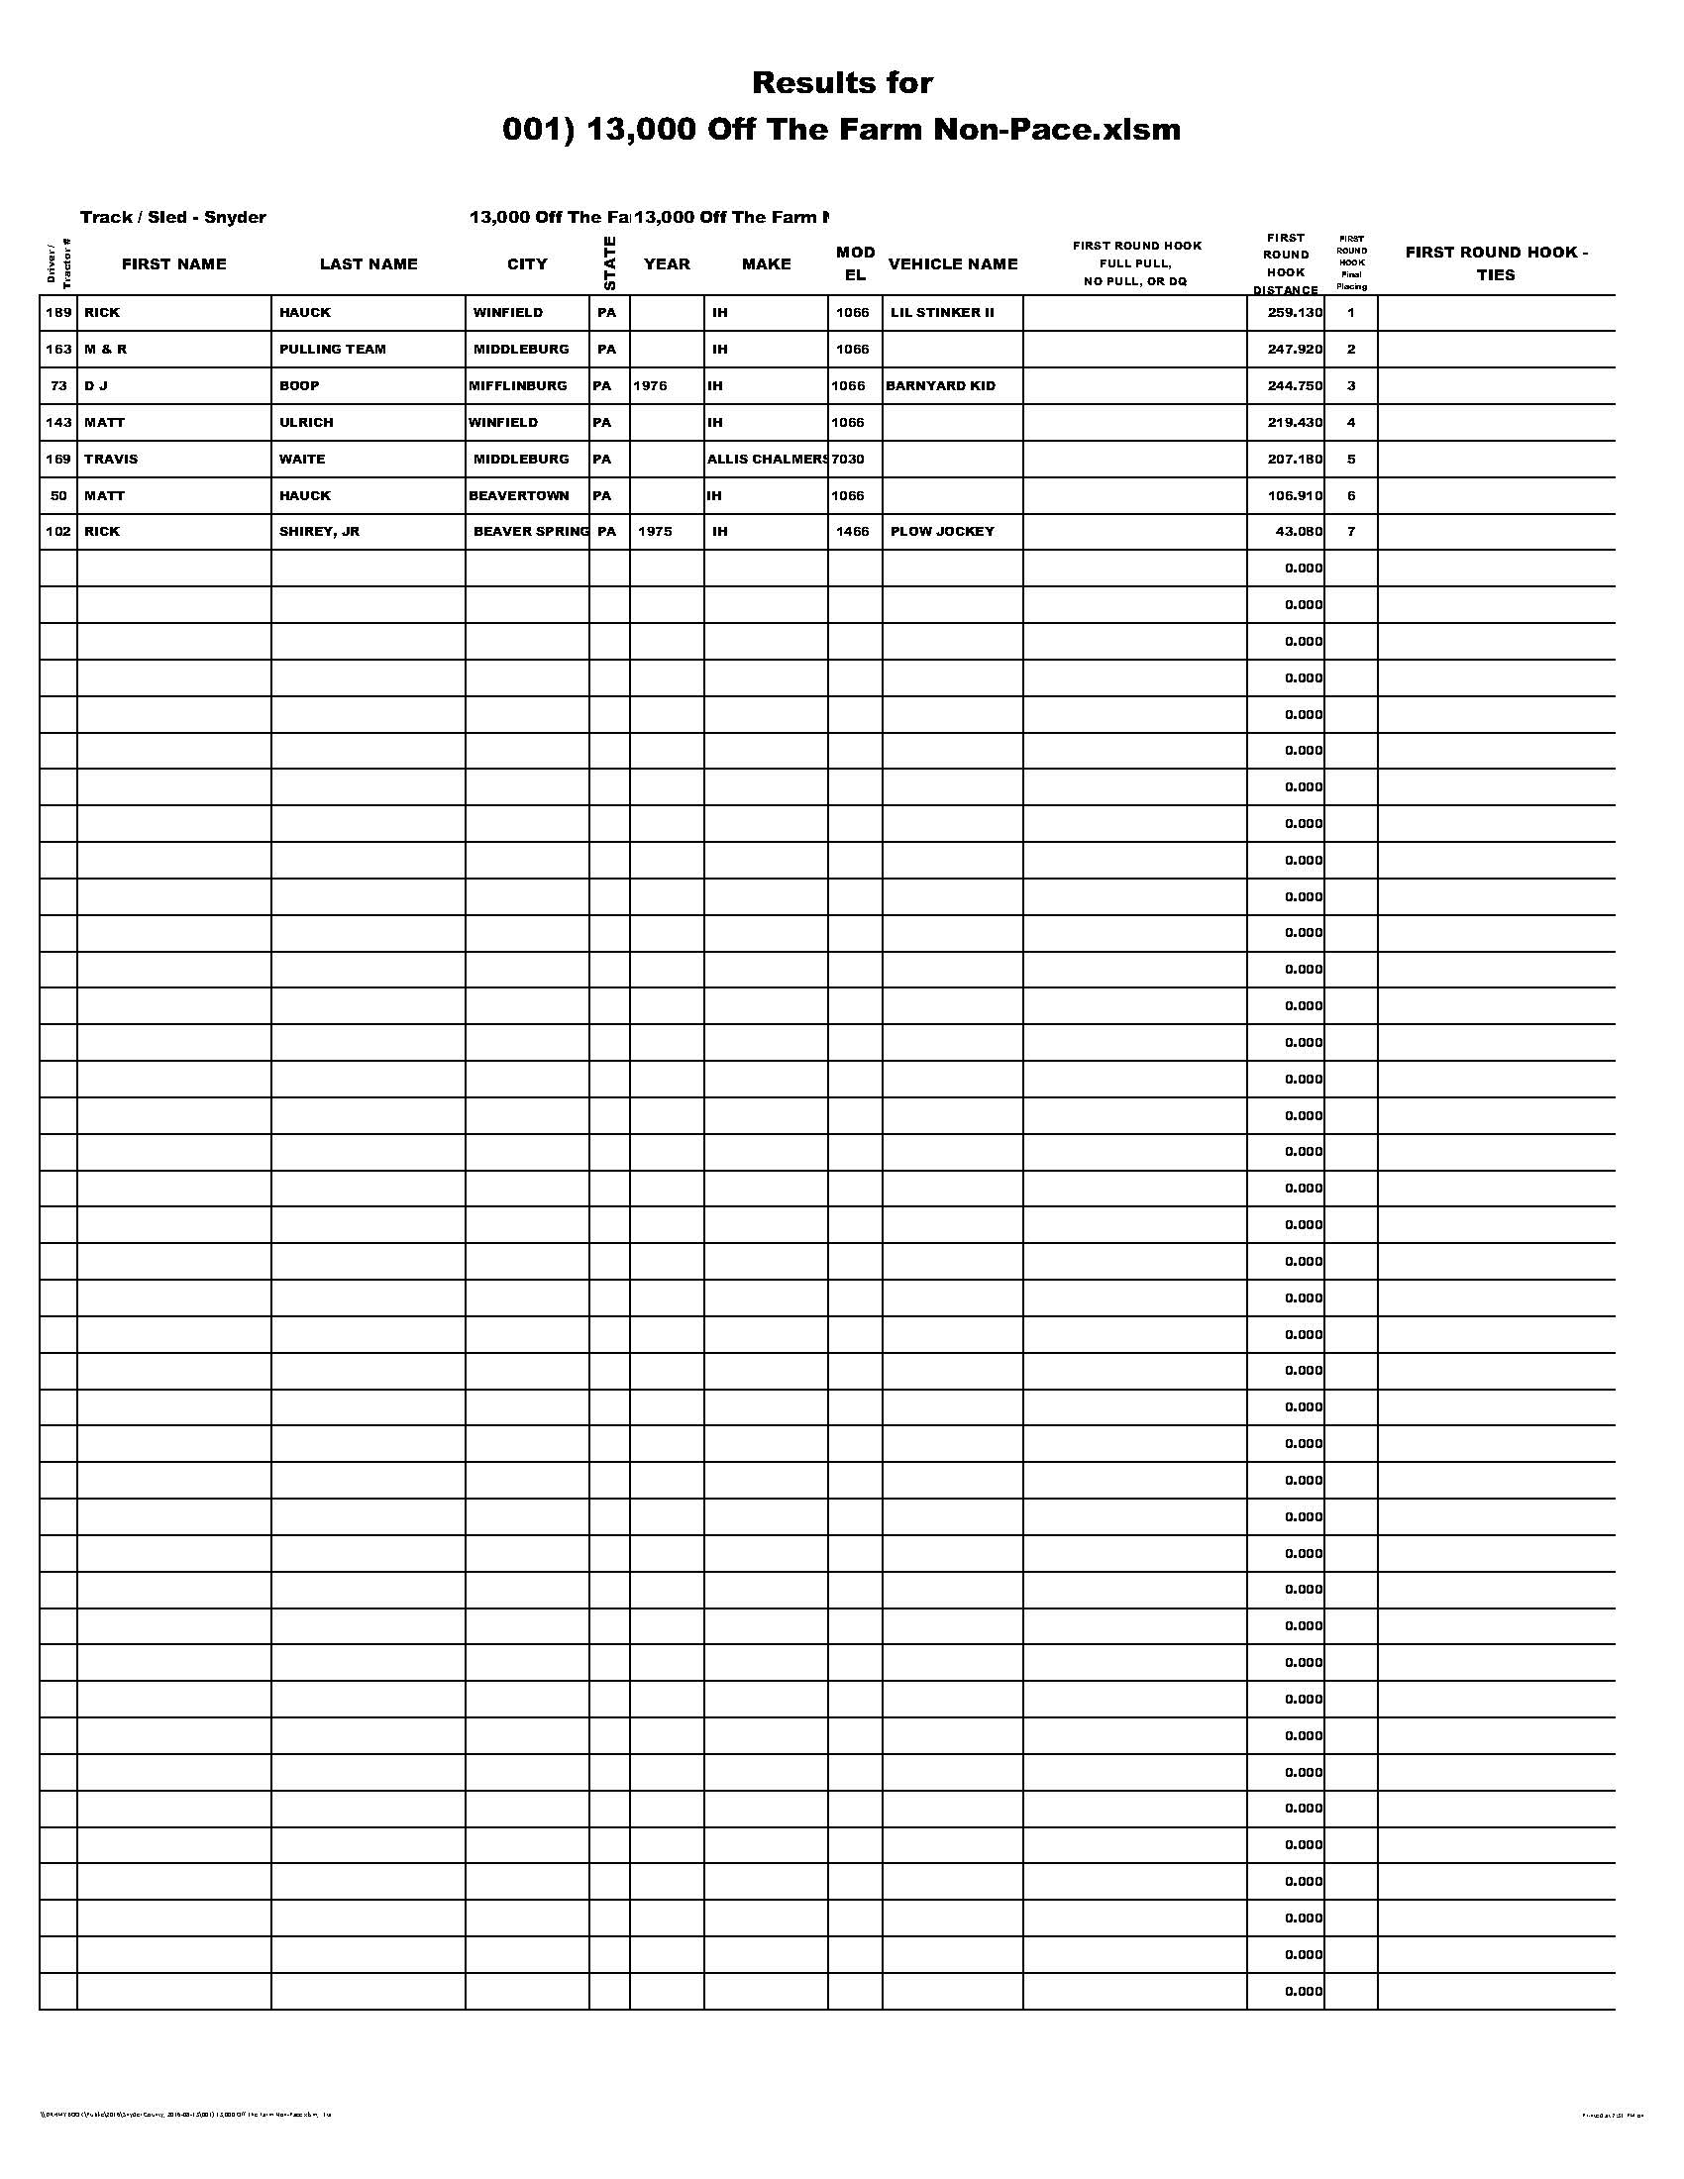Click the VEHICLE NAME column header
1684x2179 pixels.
coord(953,264)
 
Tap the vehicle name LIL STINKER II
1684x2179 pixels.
coord(942,312)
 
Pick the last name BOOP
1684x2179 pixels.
coord(299,386)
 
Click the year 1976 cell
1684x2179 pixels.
coord(650,386)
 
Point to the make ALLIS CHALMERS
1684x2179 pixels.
coord(766,459)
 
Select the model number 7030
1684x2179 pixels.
coord(848,459)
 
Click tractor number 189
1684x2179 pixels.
coord(58,312)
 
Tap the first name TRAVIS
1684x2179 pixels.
coord(111,459)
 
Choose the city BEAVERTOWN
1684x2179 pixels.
coord(519,496)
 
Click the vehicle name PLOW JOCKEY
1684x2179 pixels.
coord(942,532)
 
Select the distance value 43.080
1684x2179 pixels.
coord(1299,532)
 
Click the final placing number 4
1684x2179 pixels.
coord(1351,423)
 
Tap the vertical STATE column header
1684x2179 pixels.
coord(609,263)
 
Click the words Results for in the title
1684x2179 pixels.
coord(842,83)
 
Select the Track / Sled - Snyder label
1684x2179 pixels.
coord(172,218)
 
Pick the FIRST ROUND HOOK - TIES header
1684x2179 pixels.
coord(1496,263)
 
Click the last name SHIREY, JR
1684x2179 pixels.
coord(319,532)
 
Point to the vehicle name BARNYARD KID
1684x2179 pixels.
coord(941,386)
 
